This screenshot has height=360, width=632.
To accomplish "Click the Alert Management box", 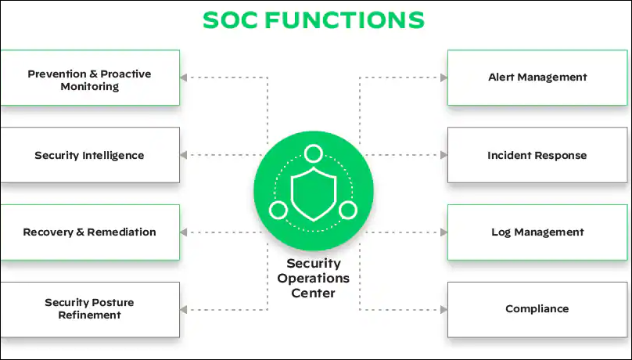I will click(x=537, y=77).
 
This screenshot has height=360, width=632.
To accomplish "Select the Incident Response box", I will click(x=537, y=155).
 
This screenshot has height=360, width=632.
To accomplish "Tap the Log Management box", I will click(x=537, y=232).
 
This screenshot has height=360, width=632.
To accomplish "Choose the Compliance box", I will click(x=537, y=308).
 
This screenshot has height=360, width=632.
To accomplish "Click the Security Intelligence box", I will click(x=89, y=155).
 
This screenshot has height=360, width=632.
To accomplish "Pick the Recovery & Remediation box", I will click(x=89, y=232).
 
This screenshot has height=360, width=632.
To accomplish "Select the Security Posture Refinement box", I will click(x=89, y=308).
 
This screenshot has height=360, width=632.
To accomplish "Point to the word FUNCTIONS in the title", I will click(x=344, y=20).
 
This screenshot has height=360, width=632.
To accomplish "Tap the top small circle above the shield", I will click(x=314, y=153).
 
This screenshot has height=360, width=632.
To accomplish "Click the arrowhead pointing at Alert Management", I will click(x=443, y=77).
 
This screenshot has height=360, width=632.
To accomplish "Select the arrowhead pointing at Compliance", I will click(x=443, y=309).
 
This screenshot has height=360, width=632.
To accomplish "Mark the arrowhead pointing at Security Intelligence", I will click(x=184, y=155).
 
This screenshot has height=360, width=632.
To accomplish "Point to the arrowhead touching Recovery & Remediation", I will click(x=184, y=232).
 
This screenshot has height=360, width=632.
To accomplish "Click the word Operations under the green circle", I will click(x=313, y=279).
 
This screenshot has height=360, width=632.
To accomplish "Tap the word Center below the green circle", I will click(x=313, y=293).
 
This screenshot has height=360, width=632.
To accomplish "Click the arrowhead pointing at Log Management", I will click(x=443, y=232).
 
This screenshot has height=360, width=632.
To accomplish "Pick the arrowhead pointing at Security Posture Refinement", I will click(x=184, y=309).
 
